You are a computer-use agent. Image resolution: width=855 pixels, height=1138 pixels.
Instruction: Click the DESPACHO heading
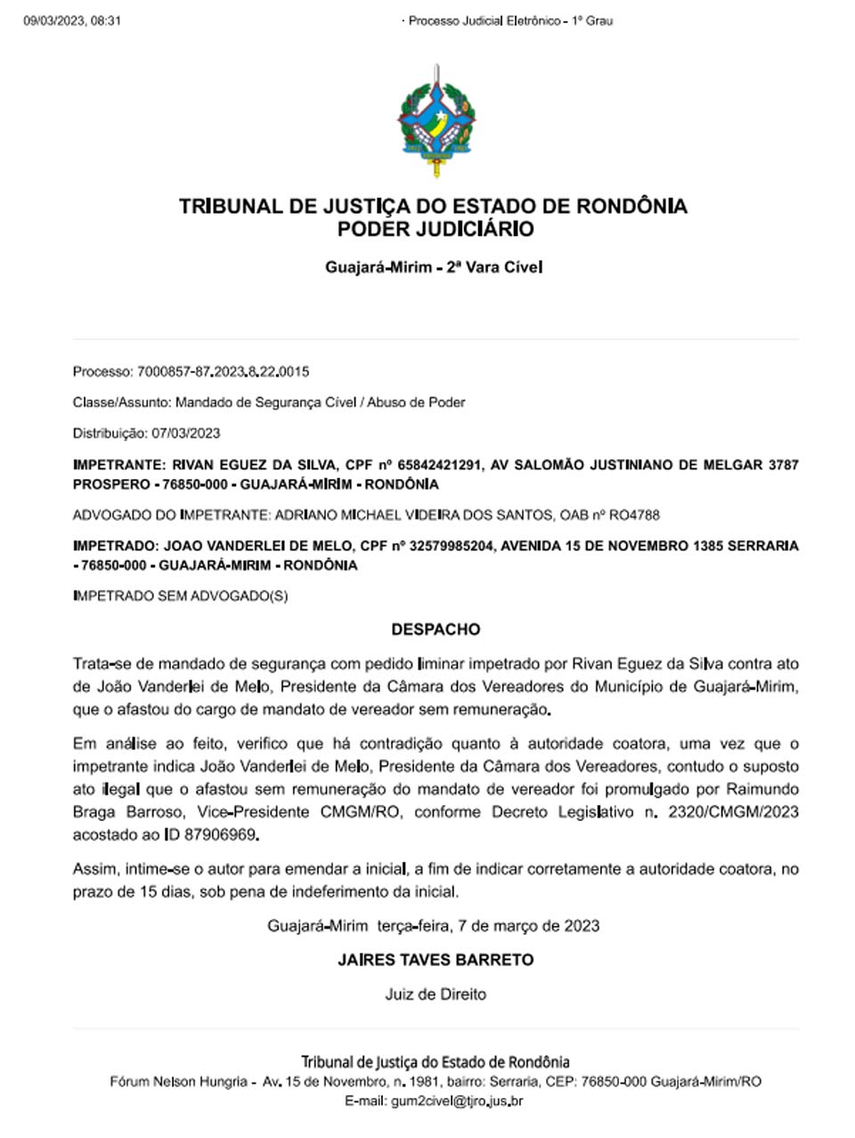point(436,630)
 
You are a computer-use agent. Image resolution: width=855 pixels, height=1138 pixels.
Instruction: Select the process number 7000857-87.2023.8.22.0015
point(224,371)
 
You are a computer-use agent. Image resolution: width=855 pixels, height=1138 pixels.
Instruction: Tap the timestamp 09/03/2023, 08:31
point(72,20)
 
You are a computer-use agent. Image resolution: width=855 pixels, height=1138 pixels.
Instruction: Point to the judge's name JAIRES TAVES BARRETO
point(436,960)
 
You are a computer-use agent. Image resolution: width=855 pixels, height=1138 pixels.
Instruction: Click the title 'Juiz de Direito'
point(436,994)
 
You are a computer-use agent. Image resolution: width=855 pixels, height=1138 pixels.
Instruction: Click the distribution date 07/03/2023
point(186,434)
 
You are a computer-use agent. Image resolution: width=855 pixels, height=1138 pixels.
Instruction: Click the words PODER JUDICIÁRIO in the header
point(436,230)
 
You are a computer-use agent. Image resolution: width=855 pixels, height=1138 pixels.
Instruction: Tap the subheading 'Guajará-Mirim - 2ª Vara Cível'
point(434,267)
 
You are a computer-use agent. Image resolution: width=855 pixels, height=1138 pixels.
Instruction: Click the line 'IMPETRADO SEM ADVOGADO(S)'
point(181,596)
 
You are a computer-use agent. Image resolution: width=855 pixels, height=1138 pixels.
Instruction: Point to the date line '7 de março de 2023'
point(528,926)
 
